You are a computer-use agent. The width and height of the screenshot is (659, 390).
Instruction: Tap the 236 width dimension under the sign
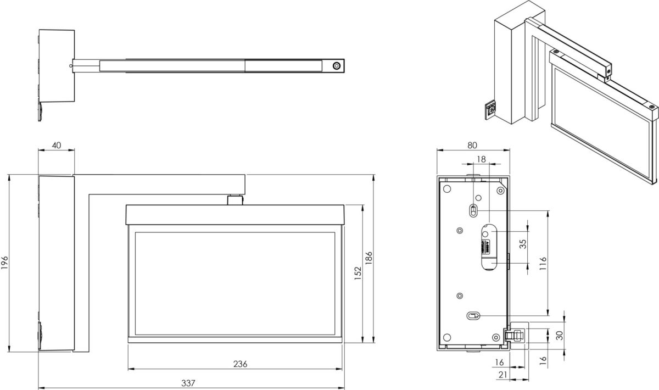coord(240,364)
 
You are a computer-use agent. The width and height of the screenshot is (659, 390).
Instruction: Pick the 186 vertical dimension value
coord(369,259)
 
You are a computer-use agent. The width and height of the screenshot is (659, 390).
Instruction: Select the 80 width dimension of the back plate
coord(472,145)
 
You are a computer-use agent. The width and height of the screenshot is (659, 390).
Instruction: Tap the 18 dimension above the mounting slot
coord(482,159)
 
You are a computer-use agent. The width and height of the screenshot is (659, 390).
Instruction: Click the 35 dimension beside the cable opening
coord(522,243)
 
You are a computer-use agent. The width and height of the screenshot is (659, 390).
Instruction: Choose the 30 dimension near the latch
coord(559,335)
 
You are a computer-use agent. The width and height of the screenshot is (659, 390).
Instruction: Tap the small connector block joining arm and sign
coord(236,199)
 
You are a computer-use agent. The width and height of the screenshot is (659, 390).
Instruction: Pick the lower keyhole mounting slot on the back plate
coord(473,315)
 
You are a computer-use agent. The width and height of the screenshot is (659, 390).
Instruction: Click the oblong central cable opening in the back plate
coord(488,246)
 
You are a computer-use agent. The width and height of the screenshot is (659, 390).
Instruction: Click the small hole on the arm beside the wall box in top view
coord(71,66)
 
